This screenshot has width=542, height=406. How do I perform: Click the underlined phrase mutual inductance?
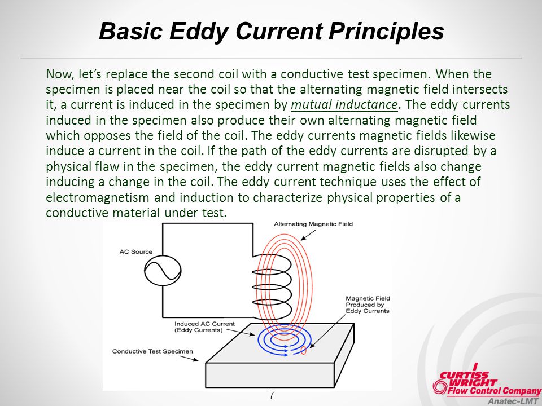click(x=344, y=104)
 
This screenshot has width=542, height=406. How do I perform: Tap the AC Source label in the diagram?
click(x=136, y=251)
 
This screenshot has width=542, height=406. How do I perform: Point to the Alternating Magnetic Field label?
click(x=313, y=224)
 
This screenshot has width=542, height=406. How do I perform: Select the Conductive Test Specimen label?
click(x=152, y=351)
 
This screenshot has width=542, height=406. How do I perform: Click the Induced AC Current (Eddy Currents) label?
click(x=204, y=327)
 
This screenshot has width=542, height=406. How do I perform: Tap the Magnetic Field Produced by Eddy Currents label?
click(x=368, y=304)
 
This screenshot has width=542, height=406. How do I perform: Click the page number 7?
click(x=272, y=396)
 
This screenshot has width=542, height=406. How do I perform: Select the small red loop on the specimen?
click(x=304, y=350)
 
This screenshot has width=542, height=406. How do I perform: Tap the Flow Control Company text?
click(x=495, y=391)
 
